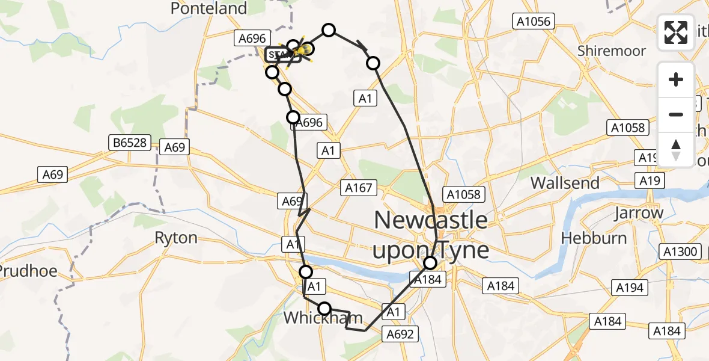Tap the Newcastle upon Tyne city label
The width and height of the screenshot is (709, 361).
point(431,235)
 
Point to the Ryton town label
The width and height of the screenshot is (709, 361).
point(176,238)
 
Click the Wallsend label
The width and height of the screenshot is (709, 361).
point(565,182)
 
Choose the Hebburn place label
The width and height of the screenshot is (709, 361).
point(594,238)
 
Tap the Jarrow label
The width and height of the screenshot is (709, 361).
point(639,212)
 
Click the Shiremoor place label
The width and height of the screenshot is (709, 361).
point(611,51)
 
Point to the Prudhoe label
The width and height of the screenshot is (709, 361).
point(28,271)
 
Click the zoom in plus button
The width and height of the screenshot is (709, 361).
point(676,79)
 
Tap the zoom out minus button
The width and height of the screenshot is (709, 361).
point(676,114)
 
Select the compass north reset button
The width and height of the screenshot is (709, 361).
point(676,149)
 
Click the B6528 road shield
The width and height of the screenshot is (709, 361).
point(129,143)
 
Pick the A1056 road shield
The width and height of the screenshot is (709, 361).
point(533,22)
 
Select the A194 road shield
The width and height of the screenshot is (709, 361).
point(629,287)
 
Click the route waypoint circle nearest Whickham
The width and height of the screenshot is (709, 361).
point(324,309)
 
